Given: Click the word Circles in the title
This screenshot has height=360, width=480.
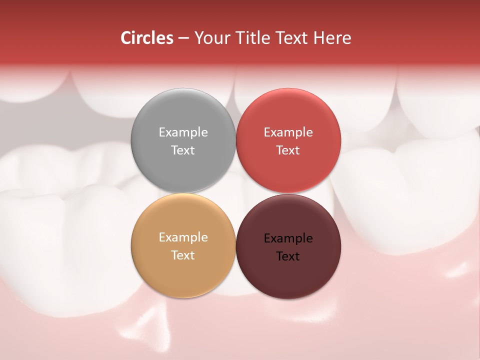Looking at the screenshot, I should point(146,38).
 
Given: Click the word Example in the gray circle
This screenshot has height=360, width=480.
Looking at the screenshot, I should point(183,132).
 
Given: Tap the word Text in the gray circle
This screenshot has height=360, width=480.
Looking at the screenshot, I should point(183,150).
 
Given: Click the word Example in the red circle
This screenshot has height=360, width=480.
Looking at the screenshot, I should point(288,132).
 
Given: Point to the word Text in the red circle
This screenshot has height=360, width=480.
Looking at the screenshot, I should point(288,150).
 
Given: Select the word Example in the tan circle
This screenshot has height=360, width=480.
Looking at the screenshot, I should point(183,237).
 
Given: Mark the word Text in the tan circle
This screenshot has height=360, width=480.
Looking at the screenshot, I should point(183,255).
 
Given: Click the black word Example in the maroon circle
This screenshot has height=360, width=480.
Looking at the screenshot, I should point(288,238).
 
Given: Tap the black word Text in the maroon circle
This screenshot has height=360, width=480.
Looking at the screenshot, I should point(288,256).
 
